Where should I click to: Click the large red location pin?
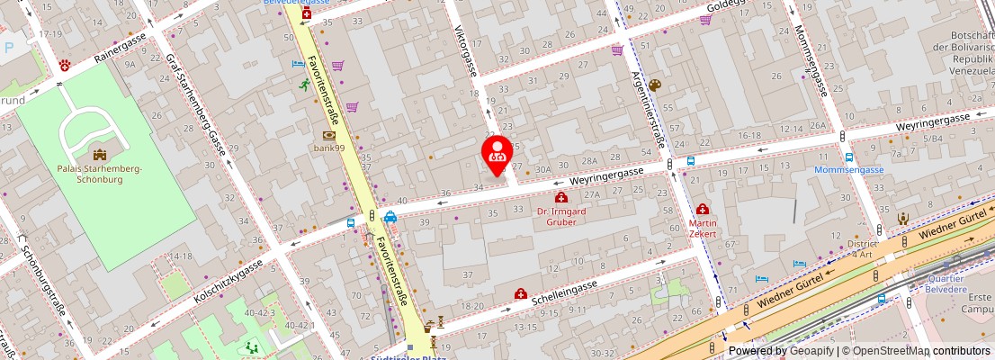click(497, 154)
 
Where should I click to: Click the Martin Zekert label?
click(703, 228)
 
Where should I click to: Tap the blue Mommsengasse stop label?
click(848, 170)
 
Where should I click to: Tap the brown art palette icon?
click(654, 85)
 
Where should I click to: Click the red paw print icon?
click(65, 66)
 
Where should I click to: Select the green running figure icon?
click(305, 85)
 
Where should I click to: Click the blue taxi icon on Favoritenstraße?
click(390, 217)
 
